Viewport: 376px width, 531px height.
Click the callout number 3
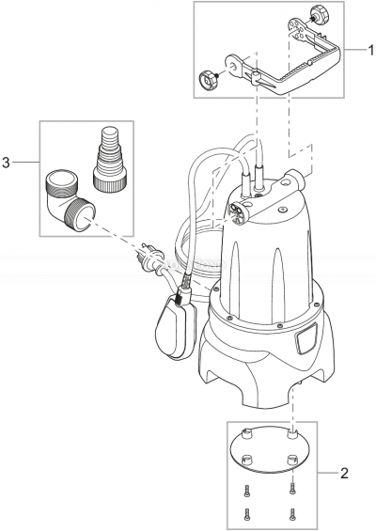coord(8,162)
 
